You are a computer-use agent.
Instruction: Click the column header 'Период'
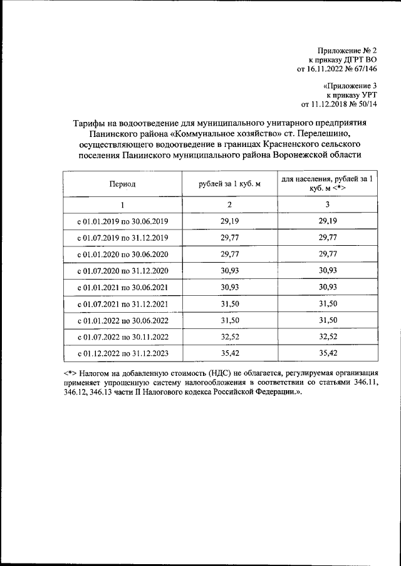point(122,183)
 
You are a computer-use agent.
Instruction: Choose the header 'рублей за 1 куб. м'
point(229,183)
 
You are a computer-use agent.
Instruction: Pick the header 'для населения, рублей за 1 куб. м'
point(328,183)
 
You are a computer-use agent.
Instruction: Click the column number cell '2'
point(229,205)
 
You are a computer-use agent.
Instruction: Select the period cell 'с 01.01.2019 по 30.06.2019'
point(122,221)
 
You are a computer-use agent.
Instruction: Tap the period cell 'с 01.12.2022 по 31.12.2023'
point(122,353)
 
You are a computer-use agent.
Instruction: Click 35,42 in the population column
point(328,353)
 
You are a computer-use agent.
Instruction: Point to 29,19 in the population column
point(328,221)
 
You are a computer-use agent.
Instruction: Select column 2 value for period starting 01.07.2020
point(229,271)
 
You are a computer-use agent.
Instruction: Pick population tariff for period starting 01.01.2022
point(328,320)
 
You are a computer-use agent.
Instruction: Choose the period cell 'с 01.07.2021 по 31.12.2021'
point(122,304)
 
